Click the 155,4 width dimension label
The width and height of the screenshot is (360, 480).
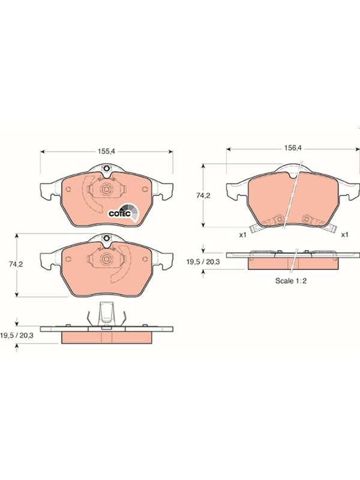point(106,151)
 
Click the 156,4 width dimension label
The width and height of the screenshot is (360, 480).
point(293,148)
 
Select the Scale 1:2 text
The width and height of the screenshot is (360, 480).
point(291,281)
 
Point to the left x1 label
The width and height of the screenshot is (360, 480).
point(243,235)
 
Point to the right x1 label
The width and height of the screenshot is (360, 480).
point(344,235)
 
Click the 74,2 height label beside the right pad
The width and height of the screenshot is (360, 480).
point(203,196)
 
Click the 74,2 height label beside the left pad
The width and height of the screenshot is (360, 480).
point(16,265)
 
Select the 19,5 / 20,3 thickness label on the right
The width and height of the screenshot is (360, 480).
point(203,262)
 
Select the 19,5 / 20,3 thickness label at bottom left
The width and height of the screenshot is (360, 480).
point(17,335)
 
